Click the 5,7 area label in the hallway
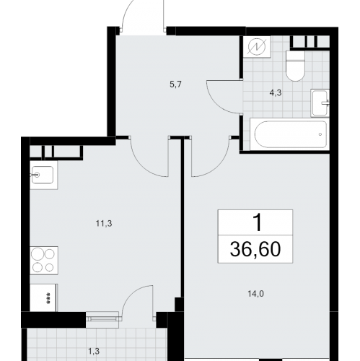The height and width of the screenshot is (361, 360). tap(175, 84)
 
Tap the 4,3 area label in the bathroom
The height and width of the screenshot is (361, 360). tap(276, 92)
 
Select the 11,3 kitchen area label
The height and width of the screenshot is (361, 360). tap(104, 224)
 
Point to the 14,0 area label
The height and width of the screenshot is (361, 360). tap(256, 294)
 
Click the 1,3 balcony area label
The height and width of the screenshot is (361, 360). tap(94, 352)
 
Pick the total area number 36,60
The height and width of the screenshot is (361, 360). tap(255, 249)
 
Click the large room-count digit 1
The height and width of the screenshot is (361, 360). tap(258, 223)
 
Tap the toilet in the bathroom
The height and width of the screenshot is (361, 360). tap(295, 66)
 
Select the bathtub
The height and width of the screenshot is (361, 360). tap(289, 134)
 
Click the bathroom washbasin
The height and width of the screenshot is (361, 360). tap(320, 103)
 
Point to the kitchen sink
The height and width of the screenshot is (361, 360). tap(43, 175)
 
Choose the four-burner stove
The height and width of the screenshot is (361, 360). tap(44, 261)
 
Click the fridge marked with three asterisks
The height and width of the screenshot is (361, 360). tap(43, 297)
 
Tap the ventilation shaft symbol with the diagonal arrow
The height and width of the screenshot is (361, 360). tap(257, 47)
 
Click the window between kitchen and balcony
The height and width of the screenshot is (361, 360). tap(102, 319)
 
